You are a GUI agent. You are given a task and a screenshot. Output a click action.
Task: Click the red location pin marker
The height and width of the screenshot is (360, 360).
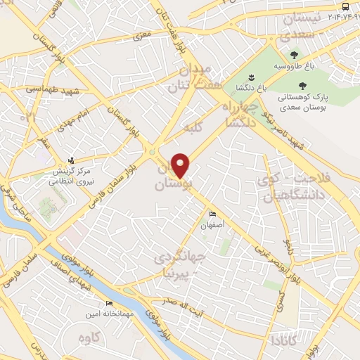(x=181, y=166)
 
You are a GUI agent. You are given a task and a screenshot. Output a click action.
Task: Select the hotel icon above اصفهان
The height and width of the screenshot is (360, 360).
(x=212, y=214)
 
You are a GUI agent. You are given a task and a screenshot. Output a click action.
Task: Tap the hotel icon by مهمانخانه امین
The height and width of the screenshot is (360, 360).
(x=109, y=303)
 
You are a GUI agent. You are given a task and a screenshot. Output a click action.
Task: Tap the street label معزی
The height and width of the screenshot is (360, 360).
(x=143, y=34)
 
